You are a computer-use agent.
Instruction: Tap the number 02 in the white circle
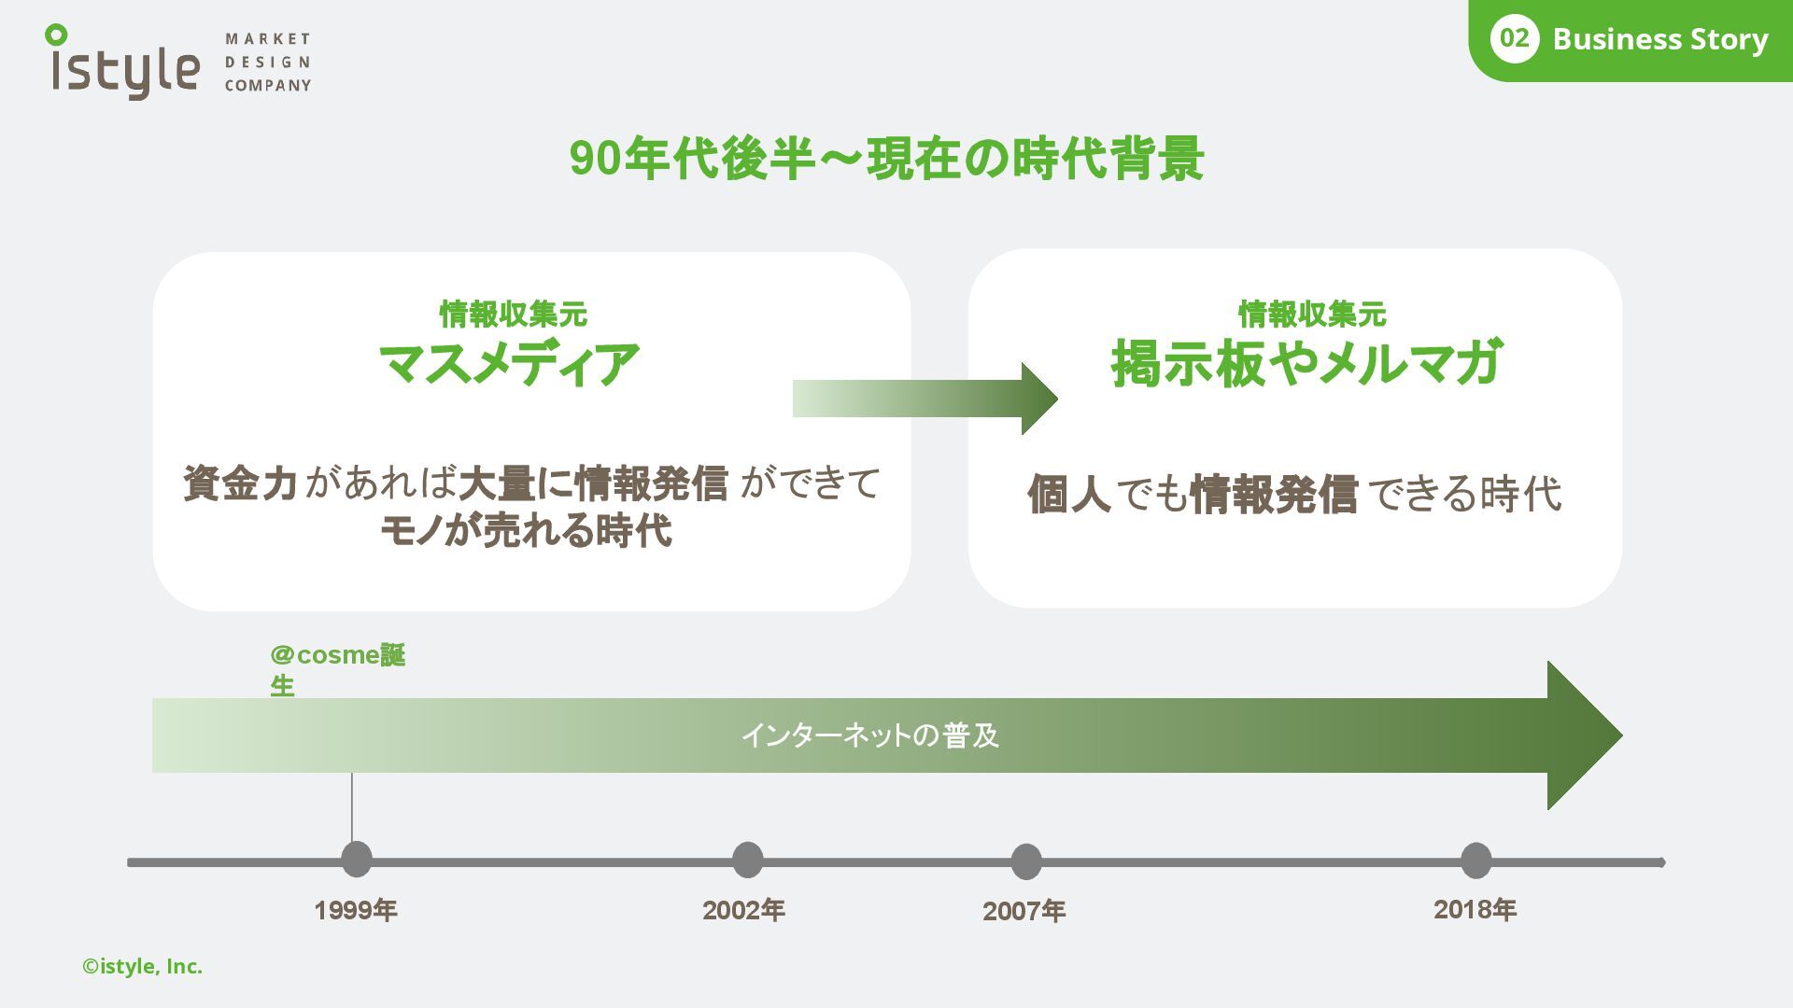click(x=1514, y=38)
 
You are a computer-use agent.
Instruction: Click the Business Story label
click(x=1659, y=39)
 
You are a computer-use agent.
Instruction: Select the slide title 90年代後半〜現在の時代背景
click(x=886, y=158)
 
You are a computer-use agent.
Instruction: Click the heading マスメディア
click(x=510, y=363)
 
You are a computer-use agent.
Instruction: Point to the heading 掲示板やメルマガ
click(x=1306, y=363)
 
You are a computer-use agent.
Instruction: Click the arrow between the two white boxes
click(x=925, y=399)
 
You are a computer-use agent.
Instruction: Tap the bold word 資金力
click(x=240, y=483)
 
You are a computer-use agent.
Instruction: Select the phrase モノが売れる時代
click(x=526, y=531)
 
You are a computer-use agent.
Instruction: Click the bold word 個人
click(x=1068, y=494)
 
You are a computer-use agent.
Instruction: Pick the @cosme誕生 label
click(x=337, y=669)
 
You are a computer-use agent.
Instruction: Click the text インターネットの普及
click(x=869, y=735)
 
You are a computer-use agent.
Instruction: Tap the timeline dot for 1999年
click(x=356, y=860)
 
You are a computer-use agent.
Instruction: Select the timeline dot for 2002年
click(x=747, y=860)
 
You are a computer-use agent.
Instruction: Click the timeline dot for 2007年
click(x=1025, y=861)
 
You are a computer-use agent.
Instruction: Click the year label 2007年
click(x=1024, y=911)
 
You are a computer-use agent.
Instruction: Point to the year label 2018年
click(x=1475, y=909)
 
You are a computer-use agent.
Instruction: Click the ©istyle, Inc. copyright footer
click(x=142, y=967)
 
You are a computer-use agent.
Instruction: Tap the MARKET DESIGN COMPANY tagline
click(x=267, y=63)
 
